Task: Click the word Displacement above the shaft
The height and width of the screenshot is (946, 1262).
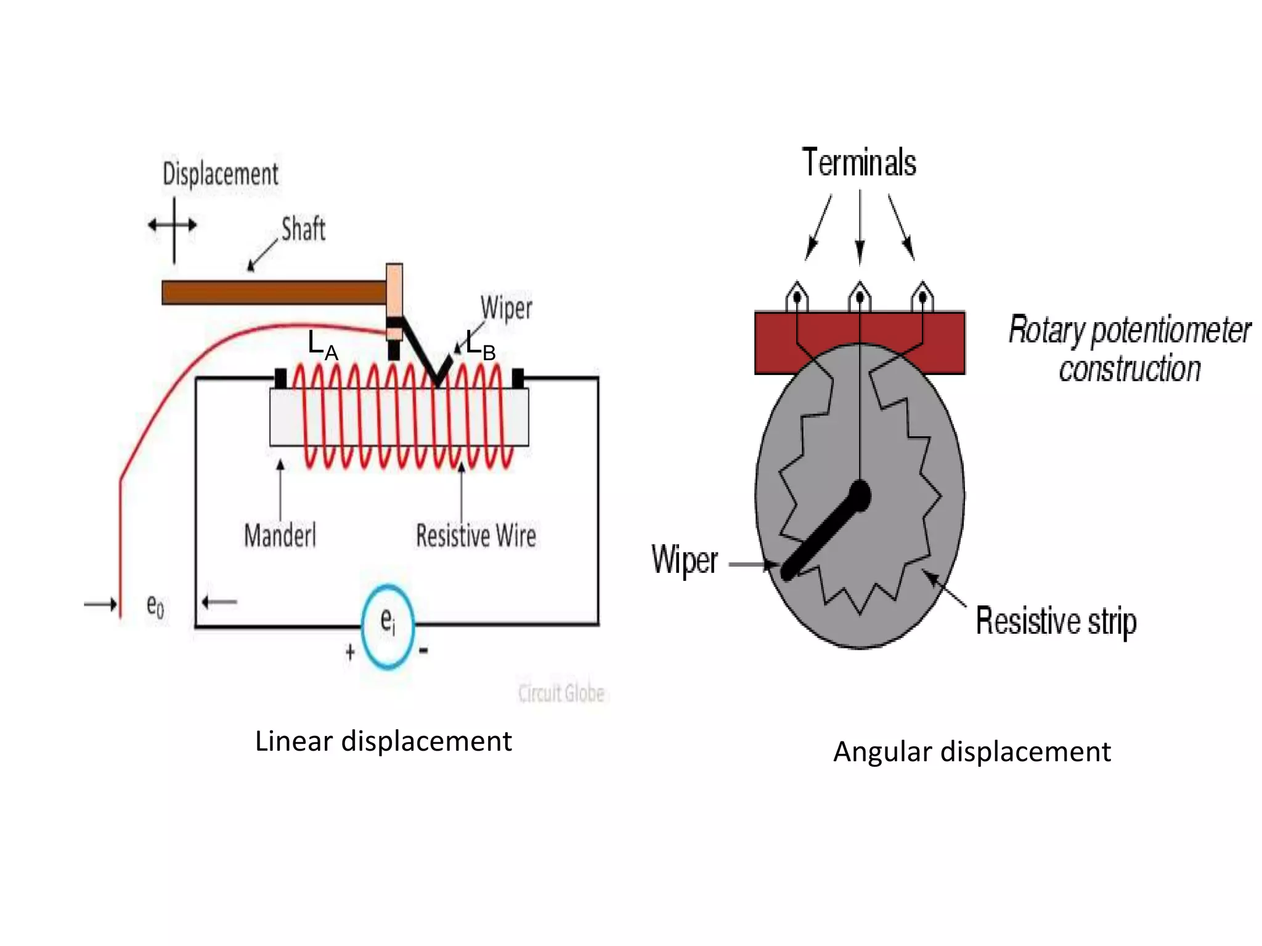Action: pyautogui.click(x=220, y=174)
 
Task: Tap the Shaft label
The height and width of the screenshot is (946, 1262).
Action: pyautogui.click(x=303, y=229)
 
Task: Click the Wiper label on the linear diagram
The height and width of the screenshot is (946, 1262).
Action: pyautogui.click(x=506, y=307)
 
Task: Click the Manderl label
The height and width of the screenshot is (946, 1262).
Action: pyautogui.click(x=280, y=535)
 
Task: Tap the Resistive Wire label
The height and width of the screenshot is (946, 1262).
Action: pyautogui.click(x=476, y=535)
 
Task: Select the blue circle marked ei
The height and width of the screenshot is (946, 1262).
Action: pyautogui.click(x=388, y=626)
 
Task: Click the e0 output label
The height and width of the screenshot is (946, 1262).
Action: pyautogui.click(x=155, y=606)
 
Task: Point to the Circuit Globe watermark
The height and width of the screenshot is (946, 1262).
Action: pyautogui.click(x=561, y=693)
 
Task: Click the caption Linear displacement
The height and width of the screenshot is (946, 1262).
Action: pyautogui.click(x=383, y=741)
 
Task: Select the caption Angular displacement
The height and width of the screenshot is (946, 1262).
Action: pyautogui.click(x=972, y=752)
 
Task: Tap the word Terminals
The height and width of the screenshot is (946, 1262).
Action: pyautogui.click(x=859, y=163)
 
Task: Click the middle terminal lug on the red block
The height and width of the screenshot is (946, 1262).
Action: pyautogui.click(x=860, y=297)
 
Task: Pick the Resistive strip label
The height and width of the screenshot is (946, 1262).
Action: pyautogui.click(x=1056, y=621)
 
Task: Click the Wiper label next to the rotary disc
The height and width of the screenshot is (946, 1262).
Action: pyautogui.click(x=684, y=560)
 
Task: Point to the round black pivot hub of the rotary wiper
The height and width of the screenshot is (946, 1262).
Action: pyautogui.click(x=860, y=495)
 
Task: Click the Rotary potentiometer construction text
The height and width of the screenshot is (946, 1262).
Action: pyautogui.click(x=1129, y=349)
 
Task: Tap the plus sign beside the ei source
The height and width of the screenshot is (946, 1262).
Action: pyautogui.click(x=350, y=652)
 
